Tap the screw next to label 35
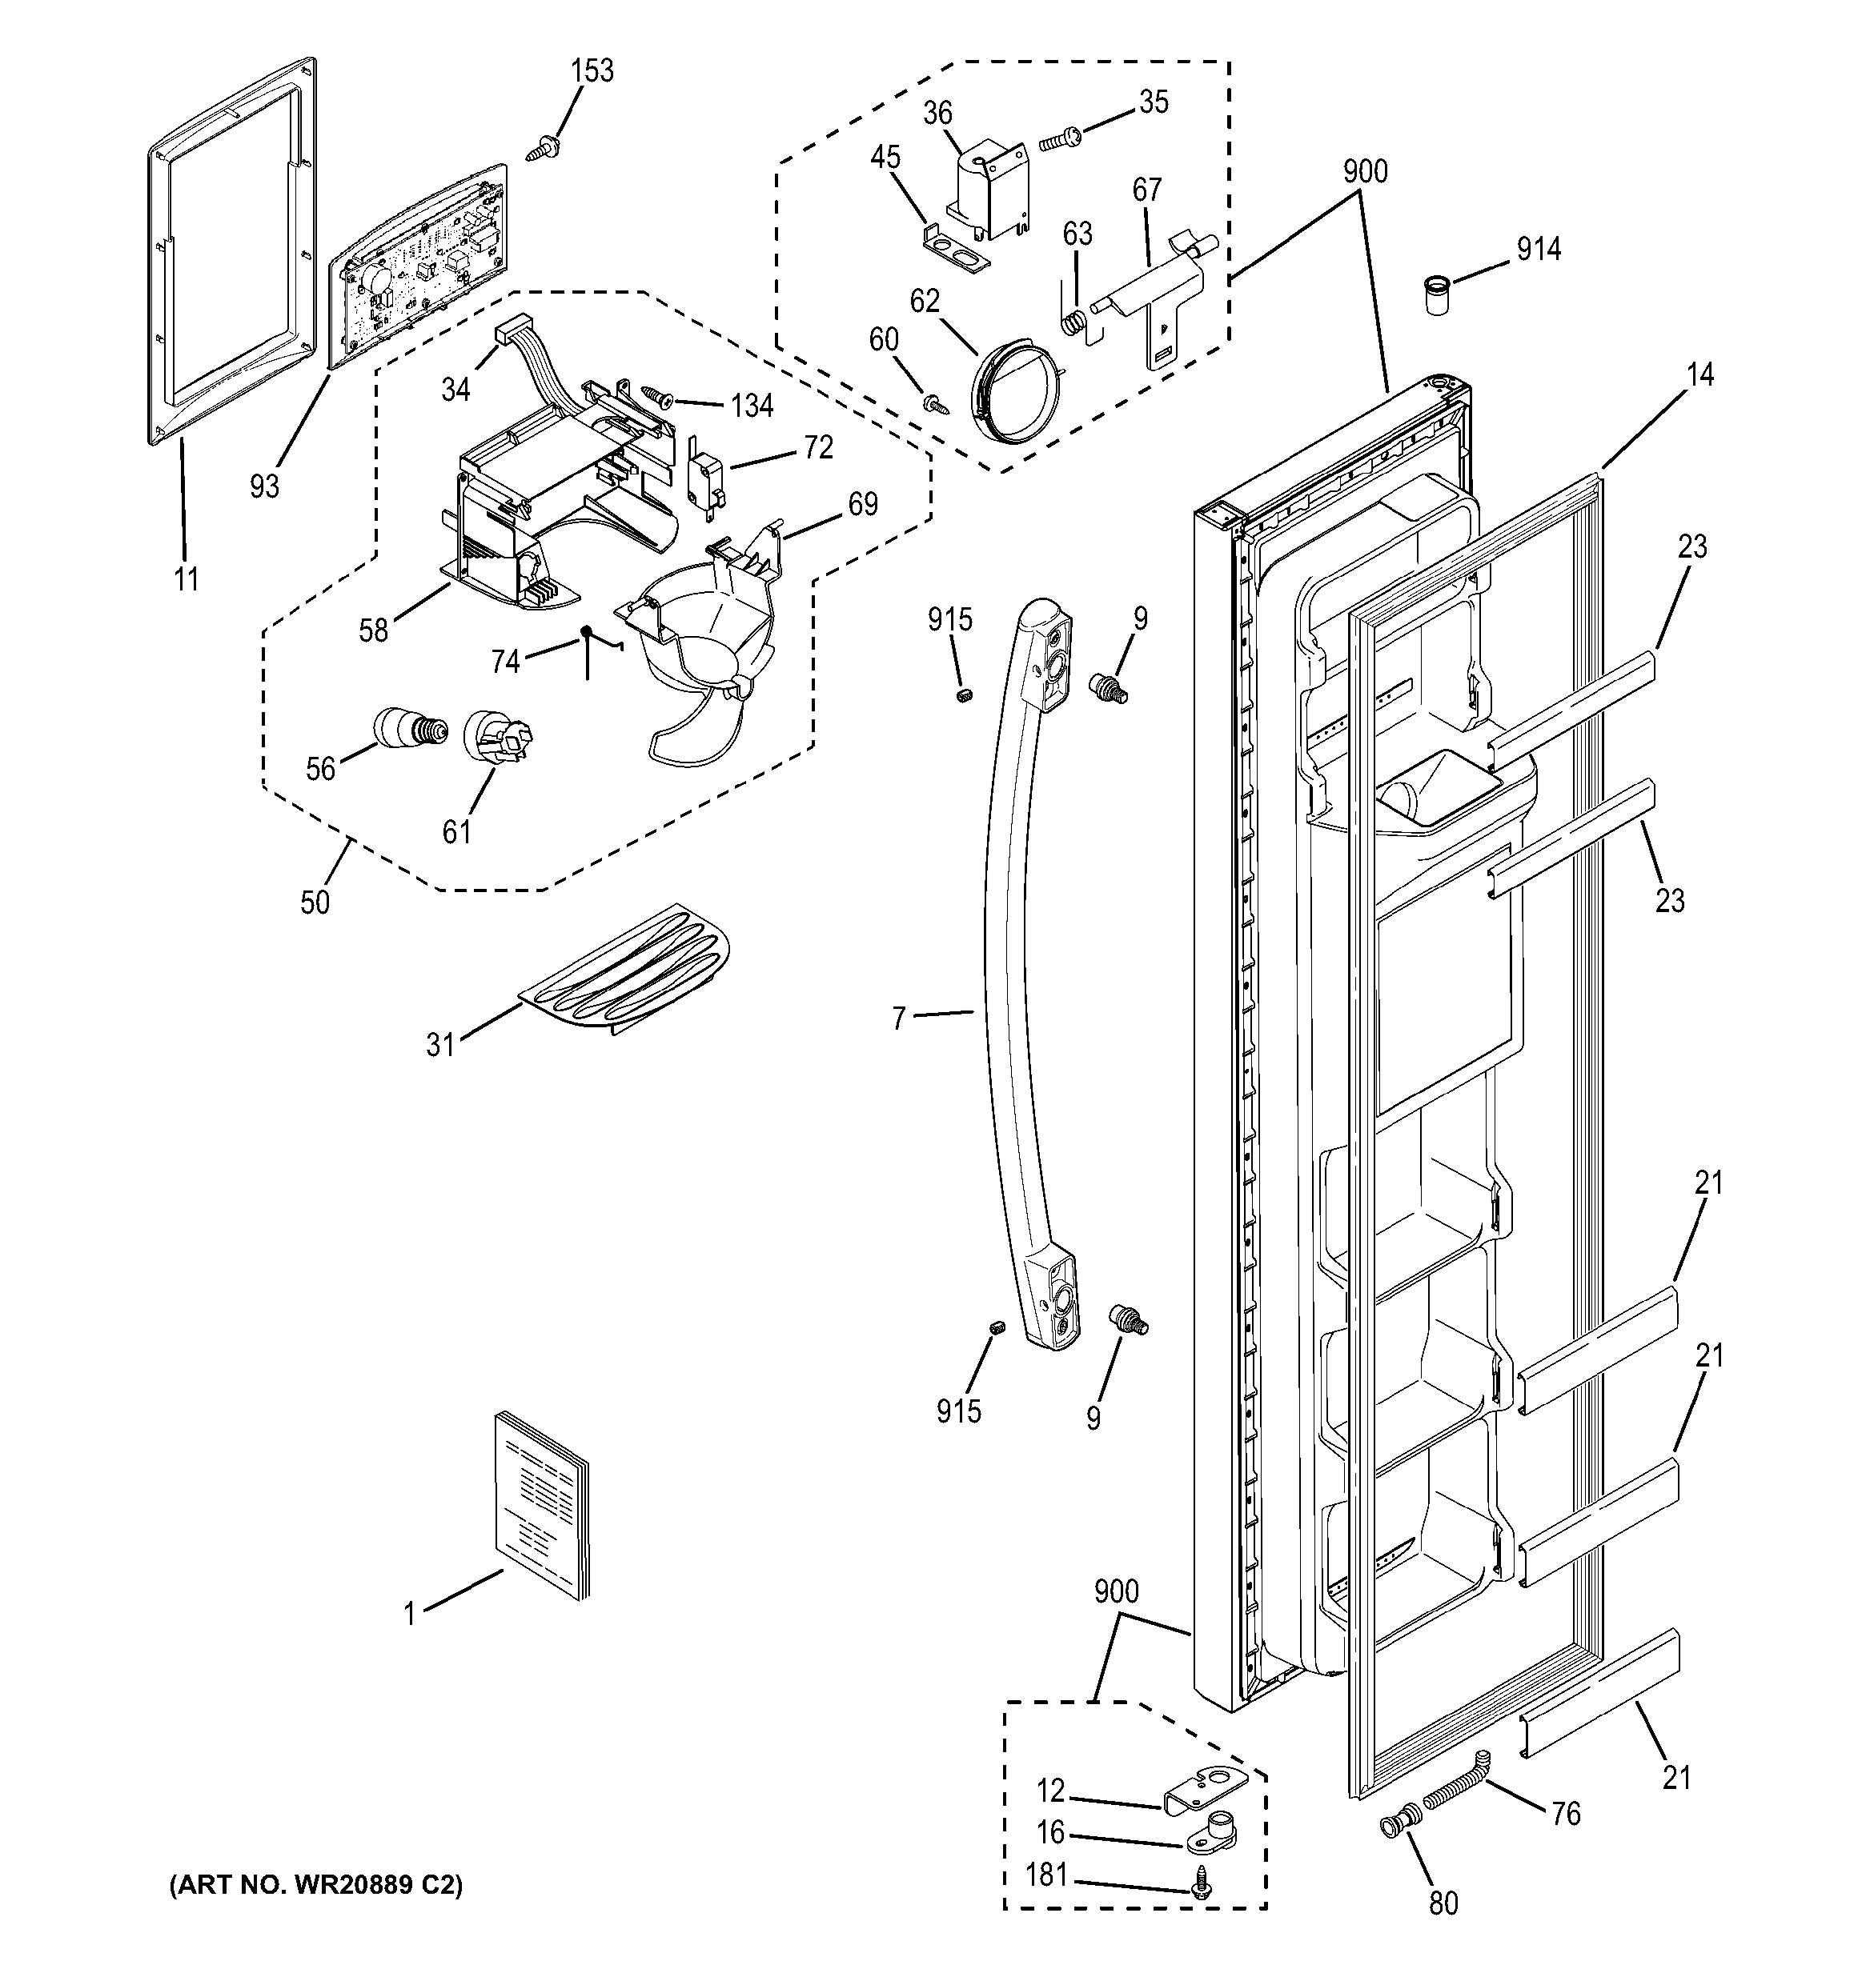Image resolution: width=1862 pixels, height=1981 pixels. click(x=1057, y=141)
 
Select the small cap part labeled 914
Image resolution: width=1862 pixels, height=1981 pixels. click(x=1435, y=297)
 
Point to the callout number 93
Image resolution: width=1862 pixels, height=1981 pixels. click(x=264, y=486)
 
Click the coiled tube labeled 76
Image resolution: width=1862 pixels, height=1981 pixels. click(x=1455, y=1790)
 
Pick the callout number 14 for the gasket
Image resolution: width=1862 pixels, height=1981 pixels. click(x=1699, y=374)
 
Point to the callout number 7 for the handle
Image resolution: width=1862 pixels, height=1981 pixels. click(x=898, y=1018)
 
